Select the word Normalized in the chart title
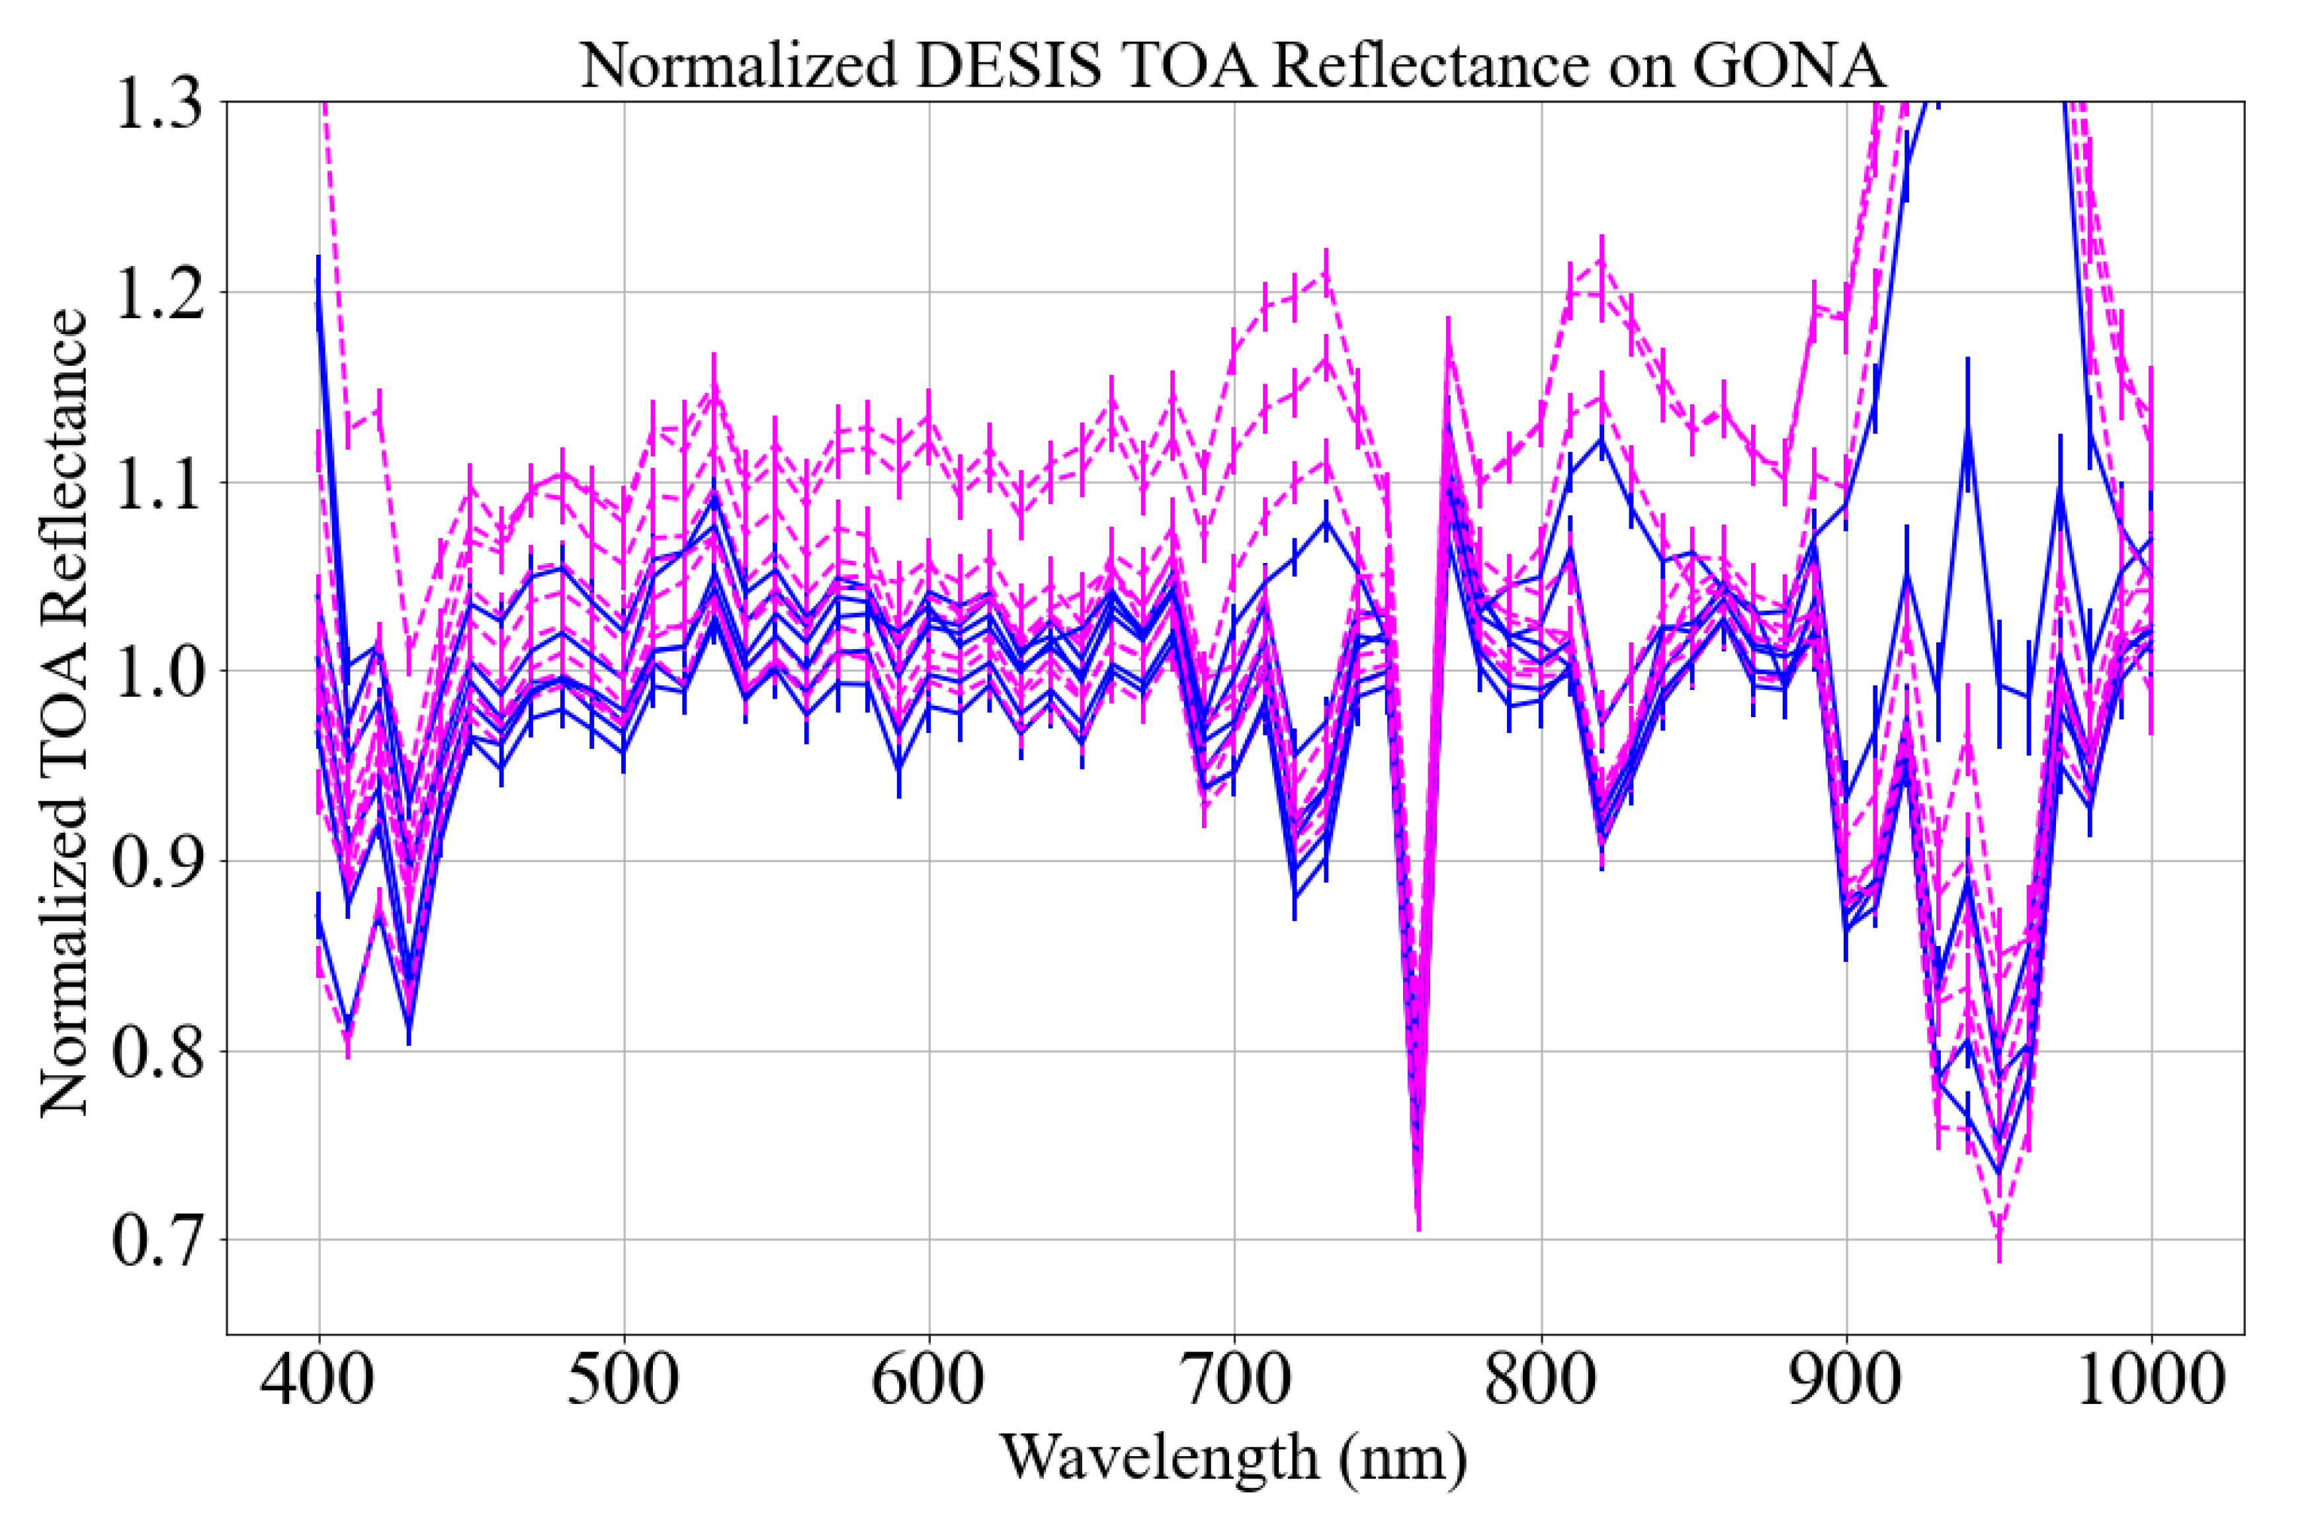coord(739,66)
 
